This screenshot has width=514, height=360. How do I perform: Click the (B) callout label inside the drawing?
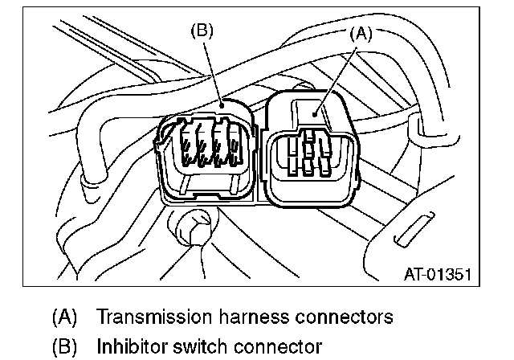tap(200, 31)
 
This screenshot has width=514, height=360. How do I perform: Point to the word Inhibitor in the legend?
tap(128, 347)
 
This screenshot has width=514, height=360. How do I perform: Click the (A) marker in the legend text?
tap(63, 317)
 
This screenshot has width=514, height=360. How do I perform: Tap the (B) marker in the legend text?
tap(63, 347)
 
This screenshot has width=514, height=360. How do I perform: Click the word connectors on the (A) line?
tap(337, 317)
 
